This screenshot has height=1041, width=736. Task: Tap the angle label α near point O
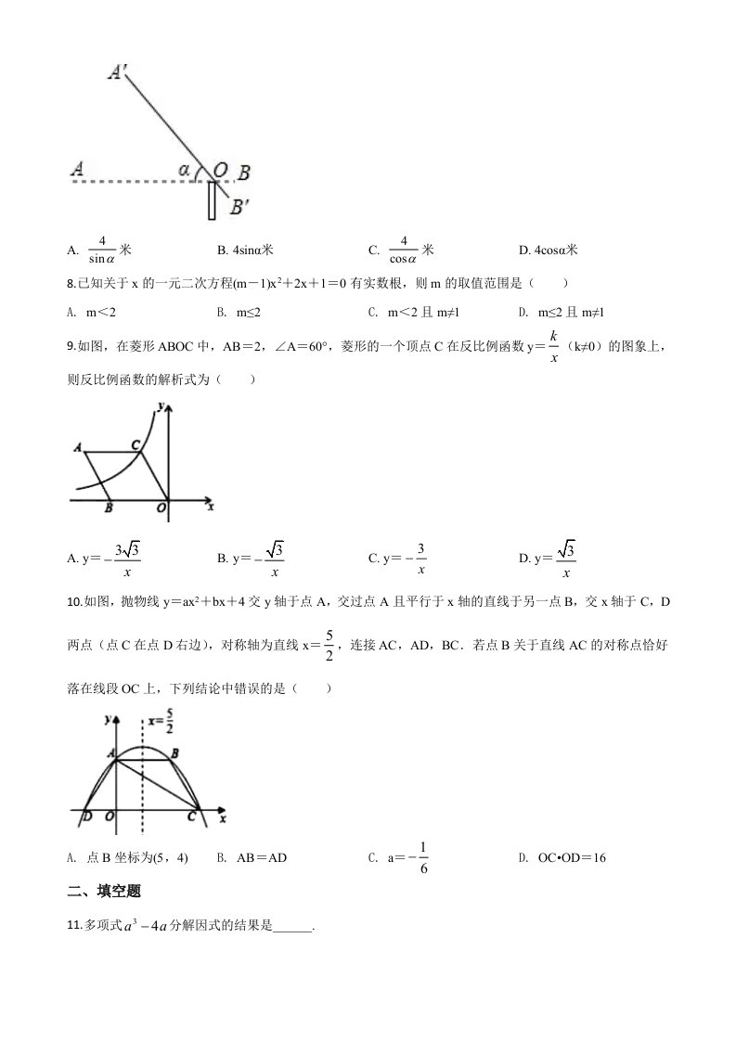185,170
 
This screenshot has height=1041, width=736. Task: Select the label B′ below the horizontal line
239,207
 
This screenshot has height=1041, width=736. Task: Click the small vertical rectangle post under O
212,200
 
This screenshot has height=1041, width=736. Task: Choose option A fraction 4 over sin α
101,250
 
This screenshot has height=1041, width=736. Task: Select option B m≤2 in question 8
244,313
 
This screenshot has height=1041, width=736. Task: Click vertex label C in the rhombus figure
136,445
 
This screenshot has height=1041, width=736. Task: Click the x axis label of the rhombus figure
211,507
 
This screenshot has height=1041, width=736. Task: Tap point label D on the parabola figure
86,816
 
